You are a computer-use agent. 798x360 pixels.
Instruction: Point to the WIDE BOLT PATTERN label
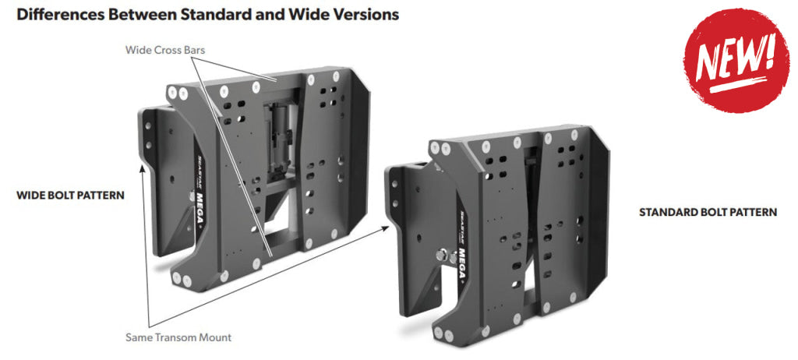click(70, 195)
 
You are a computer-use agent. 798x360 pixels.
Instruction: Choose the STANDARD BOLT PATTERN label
click(708, 212)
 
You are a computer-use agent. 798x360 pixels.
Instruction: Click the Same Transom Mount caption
click(178, 337)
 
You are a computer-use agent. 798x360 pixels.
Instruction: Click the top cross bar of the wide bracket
click(273, 80)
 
